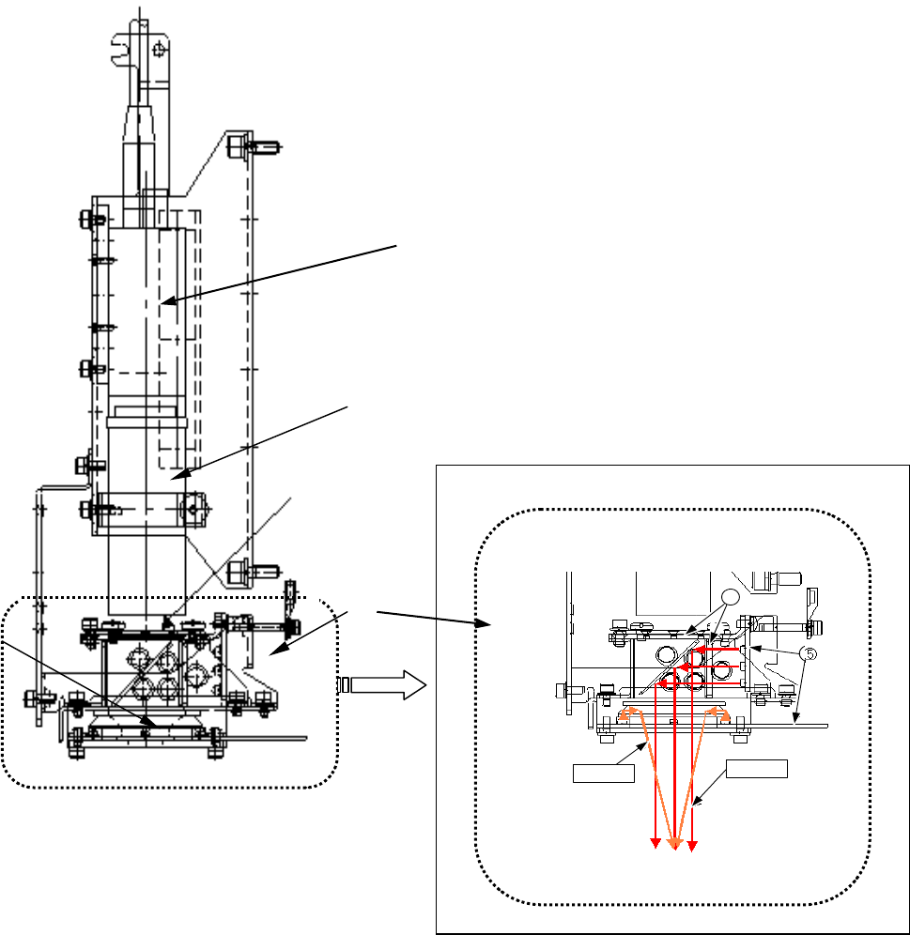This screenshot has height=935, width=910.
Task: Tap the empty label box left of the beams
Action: [x=604, y=774]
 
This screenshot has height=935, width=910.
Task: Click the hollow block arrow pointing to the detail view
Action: [x=380, y=685]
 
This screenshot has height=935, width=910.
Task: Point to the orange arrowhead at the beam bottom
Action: [x=673, y=845]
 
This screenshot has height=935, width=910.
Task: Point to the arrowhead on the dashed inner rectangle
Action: [x=162, y=301]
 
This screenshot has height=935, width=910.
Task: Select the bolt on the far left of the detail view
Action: [x=563, y=689]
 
